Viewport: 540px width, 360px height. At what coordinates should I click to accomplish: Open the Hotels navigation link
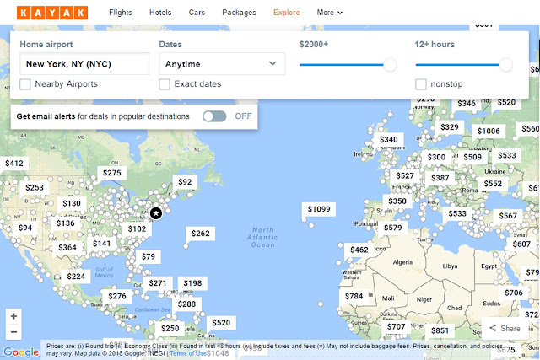click(159, 13)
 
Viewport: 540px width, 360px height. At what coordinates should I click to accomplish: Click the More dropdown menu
click(330, 13)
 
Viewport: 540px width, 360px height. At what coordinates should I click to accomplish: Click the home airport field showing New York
click(84, 63)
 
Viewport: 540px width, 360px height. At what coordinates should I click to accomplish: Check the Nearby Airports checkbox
click(25, 84)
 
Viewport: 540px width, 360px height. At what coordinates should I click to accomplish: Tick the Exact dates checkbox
click(165, 84)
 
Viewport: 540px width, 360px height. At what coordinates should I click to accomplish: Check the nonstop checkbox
click(421, 84)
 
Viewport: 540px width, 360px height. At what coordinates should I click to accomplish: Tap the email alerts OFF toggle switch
click(214, 116)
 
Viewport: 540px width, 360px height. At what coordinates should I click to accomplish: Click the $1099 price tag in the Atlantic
click(319, 209)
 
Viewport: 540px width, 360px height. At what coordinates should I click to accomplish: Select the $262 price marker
click(200, 234)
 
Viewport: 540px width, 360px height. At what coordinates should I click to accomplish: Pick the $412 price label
click(14, 163)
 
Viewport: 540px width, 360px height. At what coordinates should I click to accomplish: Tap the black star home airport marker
click(156, 214)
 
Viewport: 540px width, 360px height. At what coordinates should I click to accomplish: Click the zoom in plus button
click(13, 315)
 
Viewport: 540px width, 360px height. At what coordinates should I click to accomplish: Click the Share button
click(504, 329)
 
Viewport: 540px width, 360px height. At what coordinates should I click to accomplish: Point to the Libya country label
click(450, 266)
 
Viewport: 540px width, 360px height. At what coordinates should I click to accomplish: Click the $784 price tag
click(354, 296)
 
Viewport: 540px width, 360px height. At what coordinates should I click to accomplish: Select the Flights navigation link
click(121, 13)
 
